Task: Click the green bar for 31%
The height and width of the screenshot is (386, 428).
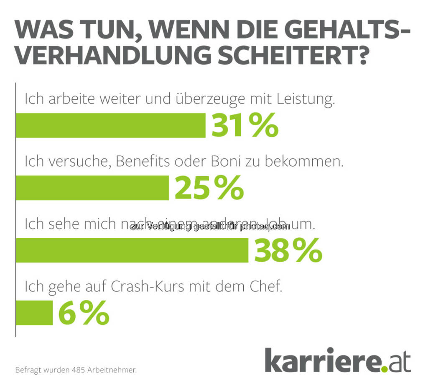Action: point(110,125)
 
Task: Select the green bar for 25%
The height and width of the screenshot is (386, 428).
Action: point(92,188)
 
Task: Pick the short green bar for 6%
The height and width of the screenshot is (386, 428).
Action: point(34,313)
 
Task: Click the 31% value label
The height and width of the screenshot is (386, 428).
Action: point(245,125)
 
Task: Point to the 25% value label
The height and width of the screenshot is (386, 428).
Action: point(209,188)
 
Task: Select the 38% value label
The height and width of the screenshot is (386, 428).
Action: point(288,250)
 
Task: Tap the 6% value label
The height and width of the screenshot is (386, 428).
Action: point(84,313)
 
